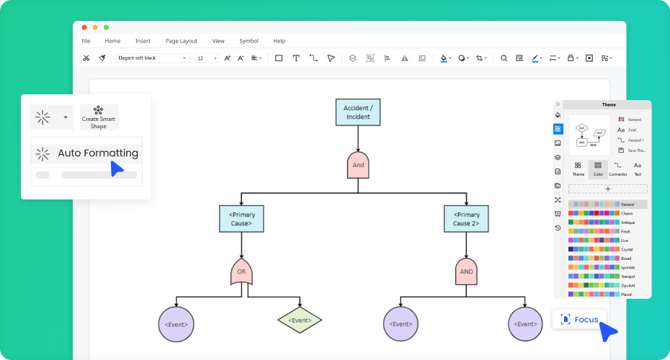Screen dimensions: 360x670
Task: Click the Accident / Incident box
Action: [358, 112]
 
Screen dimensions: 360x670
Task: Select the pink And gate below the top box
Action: [358, 165]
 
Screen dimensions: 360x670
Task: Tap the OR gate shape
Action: [241, 272]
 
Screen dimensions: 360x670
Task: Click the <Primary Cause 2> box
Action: [466, 219]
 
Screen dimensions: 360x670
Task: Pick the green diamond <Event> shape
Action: [300, 320]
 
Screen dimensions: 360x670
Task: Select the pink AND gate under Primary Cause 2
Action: [466, 272]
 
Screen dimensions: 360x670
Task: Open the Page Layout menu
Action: [181, 41]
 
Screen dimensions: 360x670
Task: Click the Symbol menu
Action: [249, 41]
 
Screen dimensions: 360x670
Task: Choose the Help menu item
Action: [279, 41]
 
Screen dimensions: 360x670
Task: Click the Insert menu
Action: [143, 41]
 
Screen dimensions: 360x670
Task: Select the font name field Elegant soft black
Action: [152, 58]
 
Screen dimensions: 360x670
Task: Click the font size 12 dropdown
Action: [206, 58]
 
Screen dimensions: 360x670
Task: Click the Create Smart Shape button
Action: [99, 117]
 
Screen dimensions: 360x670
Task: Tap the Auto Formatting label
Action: [98, 153]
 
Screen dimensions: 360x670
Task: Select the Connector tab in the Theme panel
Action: [617, 168]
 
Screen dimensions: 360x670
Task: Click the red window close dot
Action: [84, 27]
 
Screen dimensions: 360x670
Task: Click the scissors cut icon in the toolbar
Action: [86, 58]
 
